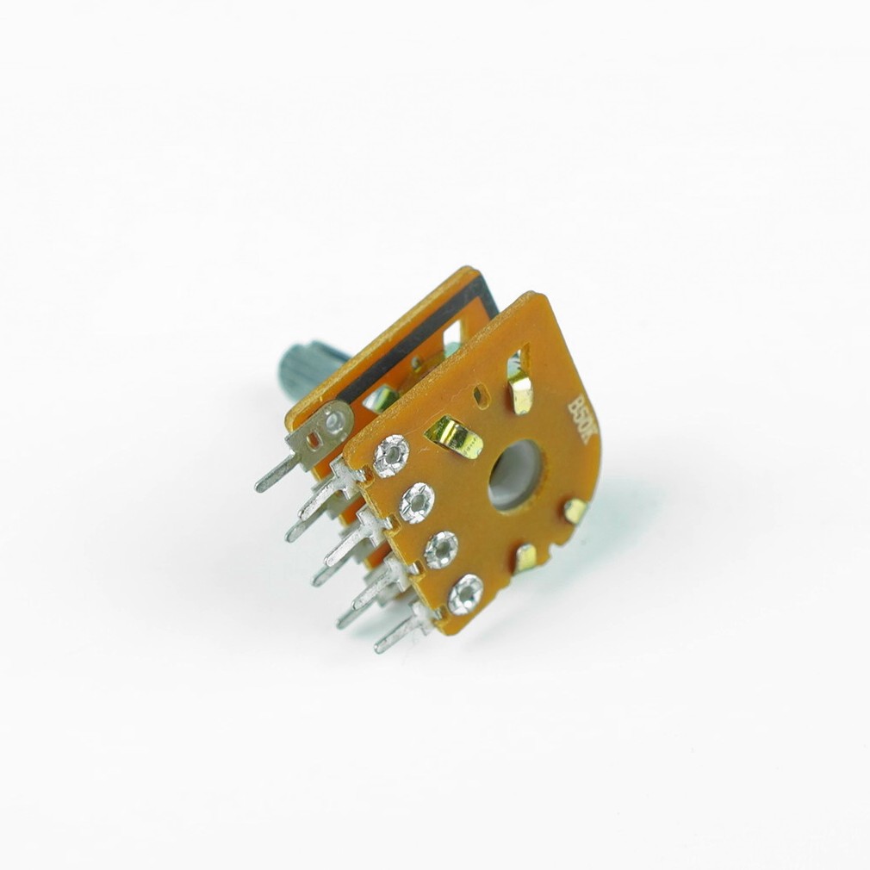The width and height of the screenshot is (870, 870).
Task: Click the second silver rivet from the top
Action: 415,499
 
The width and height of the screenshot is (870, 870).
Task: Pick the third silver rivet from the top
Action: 442,549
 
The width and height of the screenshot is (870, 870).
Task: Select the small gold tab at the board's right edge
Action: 575,508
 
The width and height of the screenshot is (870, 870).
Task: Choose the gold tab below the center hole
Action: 527,556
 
